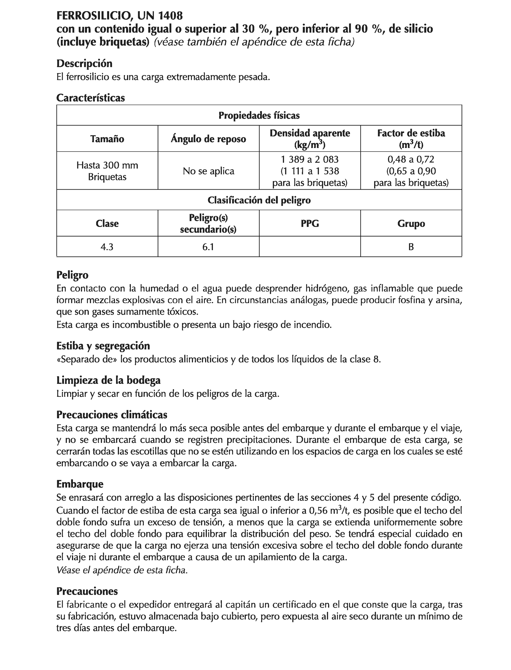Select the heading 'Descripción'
pyautogui.click(x=84, y=63)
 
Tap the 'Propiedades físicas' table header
pyautogui.click(x=259, y=115)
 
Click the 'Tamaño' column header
pyautogui.click(x=107, y=139)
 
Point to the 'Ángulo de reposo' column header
pyautogui.click(x=208, y=139)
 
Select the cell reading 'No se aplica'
pyautogui.click(x=208, y=171)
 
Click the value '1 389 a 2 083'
pyautogui.click(x=310, y=159)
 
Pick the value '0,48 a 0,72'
pyautogui.click(x=411, y=159)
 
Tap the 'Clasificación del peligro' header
pyautogui.click(x=259, y=200)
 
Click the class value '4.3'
pyautogui.click(x=107, y=247)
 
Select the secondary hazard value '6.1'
pyautogui.click(x=208, y=247)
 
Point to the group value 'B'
pyautogui.click(x=411, y=247)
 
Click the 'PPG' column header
pyautogui.click(x=310, y=223)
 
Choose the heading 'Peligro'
pyautogui.click(x=72, y=275)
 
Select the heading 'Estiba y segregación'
pyautogui.click(x=103, y=346)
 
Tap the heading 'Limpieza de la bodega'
pyautogui.click(x=108, y=380)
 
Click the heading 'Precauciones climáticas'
pyautogui.click(x=112, y=415)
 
